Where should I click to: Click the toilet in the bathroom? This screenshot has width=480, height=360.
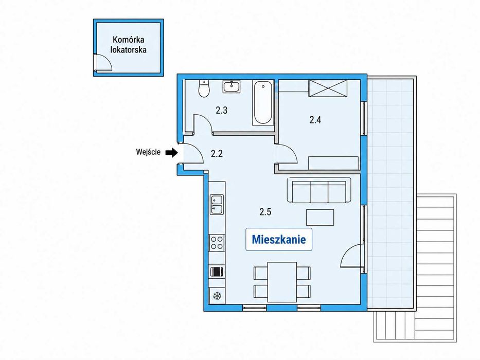point(204,88)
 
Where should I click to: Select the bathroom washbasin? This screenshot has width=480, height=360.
point(232,86)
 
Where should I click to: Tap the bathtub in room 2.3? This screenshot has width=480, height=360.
point(263,103)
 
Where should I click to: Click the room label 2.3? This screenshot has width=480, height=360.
point(221,110)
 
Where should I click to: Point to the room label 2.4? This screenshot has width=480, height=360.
point(315,120)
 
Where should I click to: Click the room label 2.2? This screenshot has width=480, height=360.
point(217,153)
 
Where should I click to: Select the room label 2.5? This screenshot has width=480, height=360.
point(265,211)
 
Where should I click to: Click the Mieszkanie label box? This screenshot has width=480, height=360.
point(278,239)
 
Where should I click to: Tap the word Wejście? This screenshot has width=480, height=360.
point(148,152)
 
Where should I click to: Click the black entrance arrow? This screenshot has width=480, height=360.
point(172,152)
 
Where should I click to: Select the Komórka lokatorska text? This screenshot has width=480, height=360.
point(128,45)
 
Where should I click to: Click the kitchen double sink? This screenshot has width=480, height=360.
point(217,205)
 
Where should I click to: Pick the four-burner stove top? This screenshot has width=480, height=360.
point(217,243)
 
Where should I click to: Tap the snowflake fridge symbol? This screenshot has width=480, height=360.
point(217,296)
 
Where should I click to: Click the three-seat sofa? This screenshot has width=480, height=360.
point(319,190)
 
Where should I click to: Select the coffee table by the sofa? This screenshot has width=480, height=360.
point(320,218)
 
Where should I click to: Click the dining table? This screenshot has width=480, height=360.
point(282,282)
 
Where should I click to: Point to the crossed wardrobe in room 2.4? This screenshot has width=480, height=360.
point(328,88)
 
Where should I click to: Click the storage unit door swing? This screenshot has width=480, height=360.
point(104,63)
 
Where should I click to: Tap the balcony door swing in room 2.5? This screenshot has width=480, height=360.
point(352,256)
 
